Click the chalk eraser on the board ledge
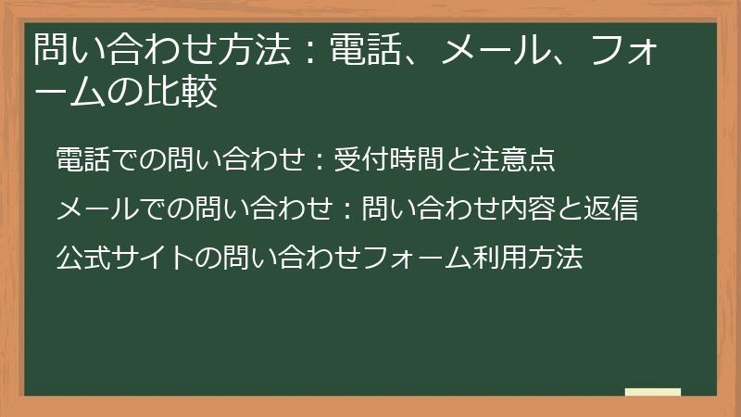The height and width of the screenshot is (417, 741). tap(653, 392)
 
